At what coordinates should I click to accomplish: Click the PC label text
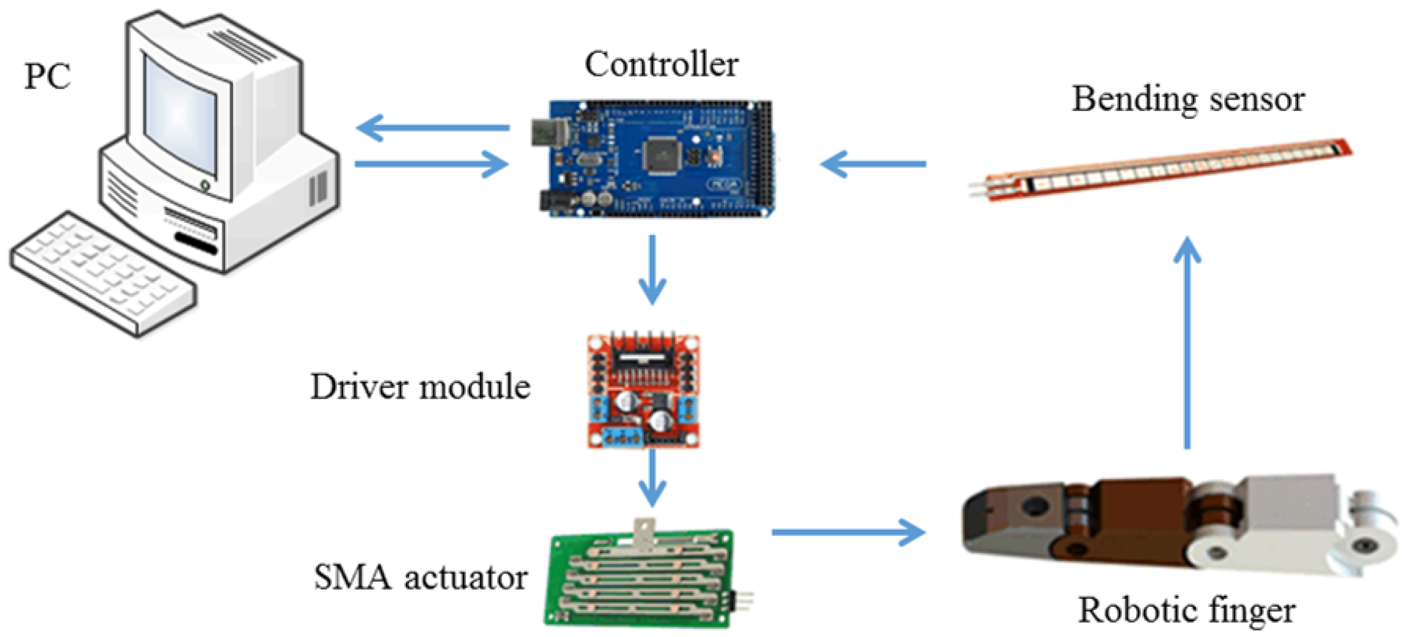click(47, 77)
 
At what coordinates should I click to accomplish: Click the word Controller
click(661, 65)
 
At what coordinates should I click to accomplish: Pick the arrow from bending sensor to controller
click(873, 164)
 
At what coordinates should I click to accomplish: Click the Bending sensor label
click(1187, 99)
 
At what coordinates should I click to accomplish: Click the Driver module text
click(420, 387)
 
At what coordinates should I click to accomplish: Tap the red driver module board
click(643, 391)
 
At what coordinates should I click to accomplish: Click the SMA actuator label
click(420, 578)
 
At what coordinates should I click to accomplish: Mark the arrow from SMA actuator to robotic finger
click(848, 532)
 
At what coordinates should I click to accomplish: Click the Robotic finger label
click(1186, 611)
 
